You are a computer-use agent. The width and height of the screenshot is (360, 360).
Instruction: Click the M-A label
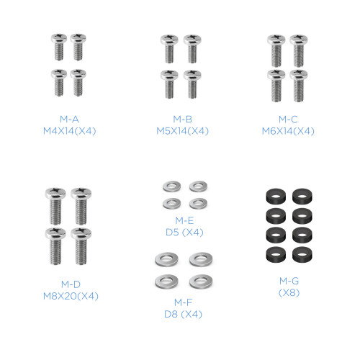69,119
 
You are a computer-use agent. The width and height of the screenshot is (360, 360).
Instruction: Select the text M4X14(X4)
70,131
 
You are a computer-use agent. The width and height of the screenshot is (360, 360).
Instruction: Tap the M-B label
183,119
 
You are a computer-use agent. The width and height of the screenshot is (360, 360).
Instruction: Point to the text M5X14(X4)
182,131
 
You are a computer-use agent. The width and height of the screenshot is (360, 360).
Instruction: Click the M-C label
288,120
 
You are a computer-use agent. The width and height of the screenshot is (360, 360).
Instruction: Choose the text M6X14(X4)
288,131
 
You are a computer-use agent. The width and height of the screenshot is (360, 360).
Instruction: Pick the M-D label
71,284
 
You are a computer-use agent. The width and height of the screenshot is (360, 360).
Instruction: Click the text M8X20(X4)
71,296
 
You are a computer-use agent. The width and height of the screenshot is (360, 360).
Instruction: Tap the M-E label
184,220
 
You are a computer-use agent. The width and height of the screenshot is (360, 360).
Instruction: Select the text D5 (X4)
184,233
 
